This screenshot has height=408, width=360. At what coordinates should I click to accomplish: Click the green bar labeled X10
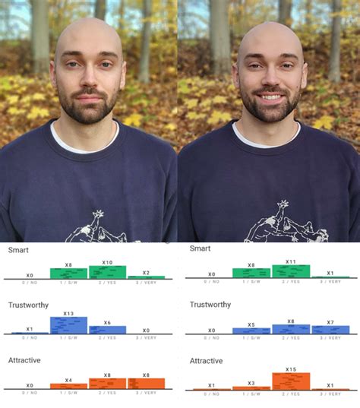107,272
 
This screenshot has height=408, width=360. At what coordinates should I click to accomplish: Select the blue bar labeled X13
68,325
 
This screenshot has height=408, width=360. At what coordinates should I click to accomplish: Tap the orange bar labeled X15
291,381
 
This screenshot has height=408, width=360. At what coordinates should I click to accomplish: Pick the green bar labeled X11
291,271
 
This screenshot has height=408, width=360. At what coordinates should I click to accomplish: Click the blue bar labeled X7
330,330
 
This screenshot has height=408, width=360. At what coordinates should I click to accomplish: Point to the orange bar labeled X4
68,386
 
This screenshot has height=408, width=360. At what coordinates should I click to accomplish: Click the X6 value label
107,323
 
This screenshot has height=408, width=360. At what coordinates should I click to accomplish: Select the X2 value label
146,273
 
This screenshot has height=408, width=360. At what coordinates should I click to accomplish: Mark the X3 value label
251,383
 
